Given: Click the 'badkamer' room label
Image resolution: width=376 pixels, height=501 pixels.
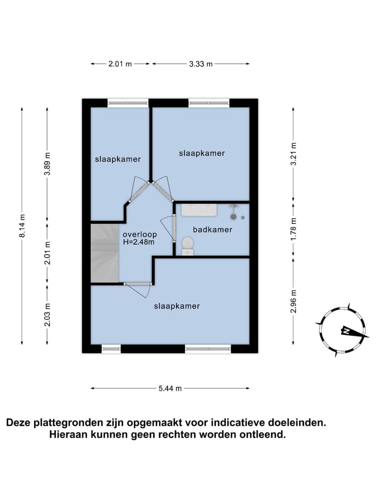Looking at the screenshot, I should pos(212,230).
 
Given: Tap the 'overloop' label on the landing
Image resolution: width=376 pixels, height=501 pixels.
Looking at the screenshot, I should pos(139,234).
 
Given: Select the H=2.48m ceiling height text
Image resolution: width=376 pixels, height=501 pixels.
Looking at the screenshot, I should pos(139,242).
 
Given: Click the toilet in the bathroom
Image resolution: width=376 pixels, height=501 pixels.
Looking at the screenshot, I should pos(187,245).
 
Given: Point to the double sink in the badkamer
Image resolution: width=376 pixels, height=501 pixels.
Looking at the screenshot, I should pos(199,210).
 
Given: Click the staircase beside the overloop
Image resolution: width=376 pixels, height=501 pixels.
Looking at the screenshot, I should pos(105,254).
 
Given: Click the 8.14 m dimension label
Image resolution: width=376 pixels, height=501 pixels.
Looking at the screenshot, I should pos(22,226).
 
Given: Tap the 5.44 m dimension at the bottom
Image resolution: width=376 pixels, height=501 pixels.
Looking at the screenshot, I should pos(170,388).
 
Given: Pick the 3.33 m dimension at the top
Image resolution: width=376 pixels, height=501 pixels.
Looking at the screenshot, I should pos(201,64).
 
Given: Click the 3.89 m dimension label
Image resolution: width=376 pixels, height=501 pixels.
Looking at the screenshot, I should pos(48,165).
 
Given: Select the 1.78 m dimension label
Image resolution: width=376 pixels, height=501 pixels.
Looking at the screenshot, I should pos(293,228).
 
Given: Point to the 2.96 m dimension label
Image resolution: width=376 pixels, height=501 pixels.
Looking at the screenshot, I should pos(293,302).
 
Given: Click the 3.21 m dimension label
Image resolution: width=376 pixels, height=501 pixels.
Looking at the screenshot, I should pos(293,153).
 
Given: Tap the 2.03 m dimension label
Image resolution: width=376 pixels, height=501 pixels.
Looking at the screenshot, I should pos(48,315).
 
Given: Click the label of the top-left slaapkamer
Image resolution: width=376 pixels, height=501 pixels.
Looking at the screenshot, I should pos(118,159).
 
